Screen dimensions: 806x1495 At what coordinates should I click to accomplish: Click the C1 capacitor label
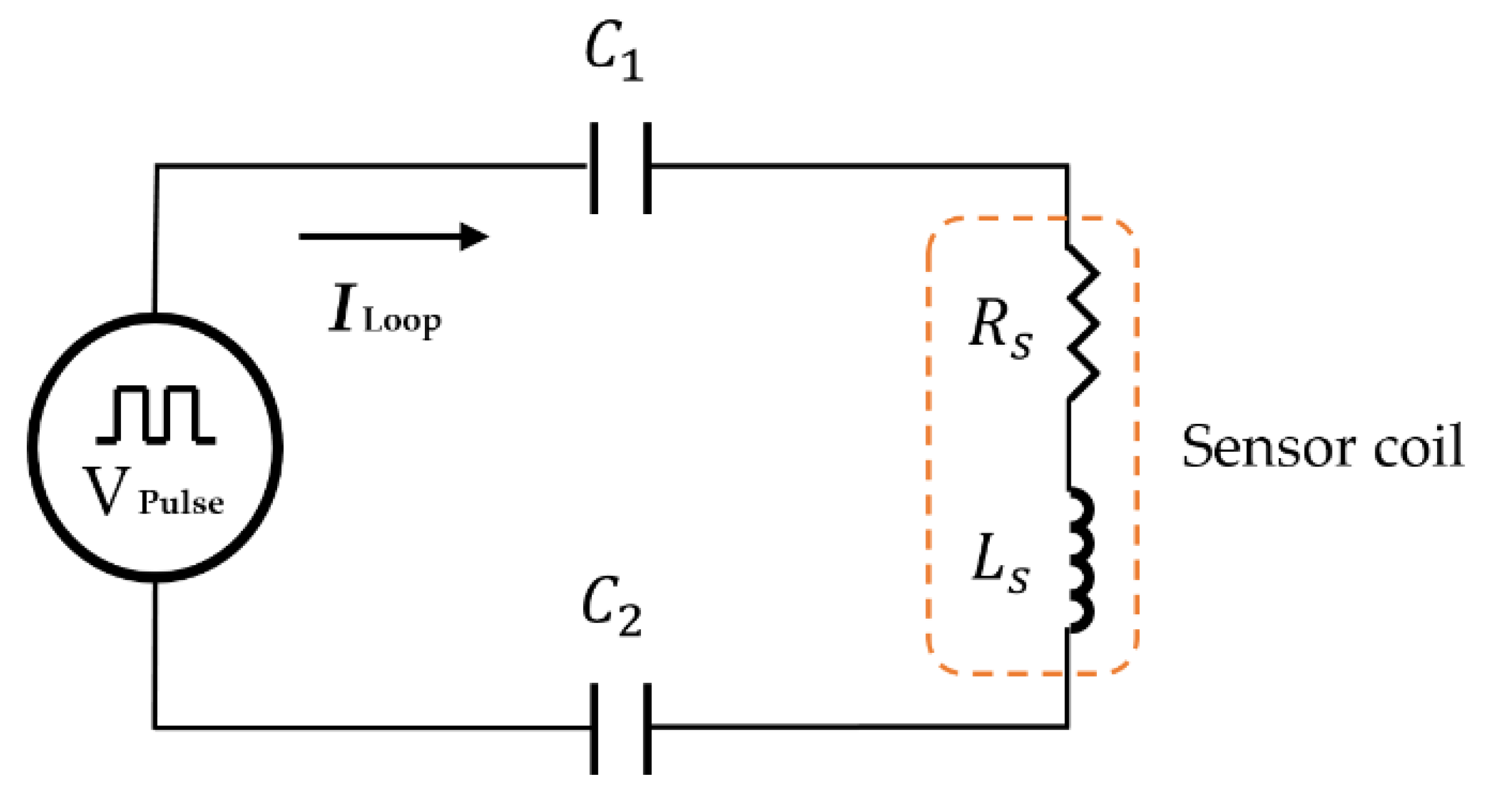pyautogui.click(x=614, y=50)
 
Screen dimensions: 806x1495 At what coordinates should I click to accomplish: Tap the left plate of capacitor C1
pyautogui.click(x=594, y=168)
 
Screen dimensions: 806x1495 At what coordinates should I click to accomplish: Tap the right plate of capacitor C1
pyautogui.click(x=647, y=168)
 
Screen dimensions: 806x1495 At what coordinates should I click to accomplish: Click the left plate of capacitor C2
pyautogui.click(x=594, y=729)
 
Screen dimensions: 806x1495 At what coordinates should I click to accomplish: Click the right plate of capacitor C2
pyautogui.click(x=647, y=729)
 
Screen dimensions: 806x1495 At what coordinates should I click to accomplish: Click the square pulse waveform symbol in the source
pyautogui.click(x=156, y=415)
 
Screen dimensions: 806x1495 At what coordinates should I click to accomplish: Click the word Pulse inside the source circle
pyautogui.click(x=181, y=503)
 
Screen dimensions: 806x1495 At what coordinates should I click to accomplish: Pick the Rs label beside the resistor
pyautogui.click(x=1000, y=327)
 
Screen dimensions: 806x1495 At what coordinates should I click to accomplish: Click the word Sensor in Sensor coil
pyautogui.click(x=1268, y=447)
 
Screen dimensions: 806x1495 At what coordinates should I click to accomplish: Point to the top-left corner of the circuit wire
pyautogui.click(x=156, y=166)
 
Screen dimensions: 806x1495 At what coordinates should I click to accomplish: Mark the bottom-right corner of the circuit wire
pyautogui.click(x=1068, y=726)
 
